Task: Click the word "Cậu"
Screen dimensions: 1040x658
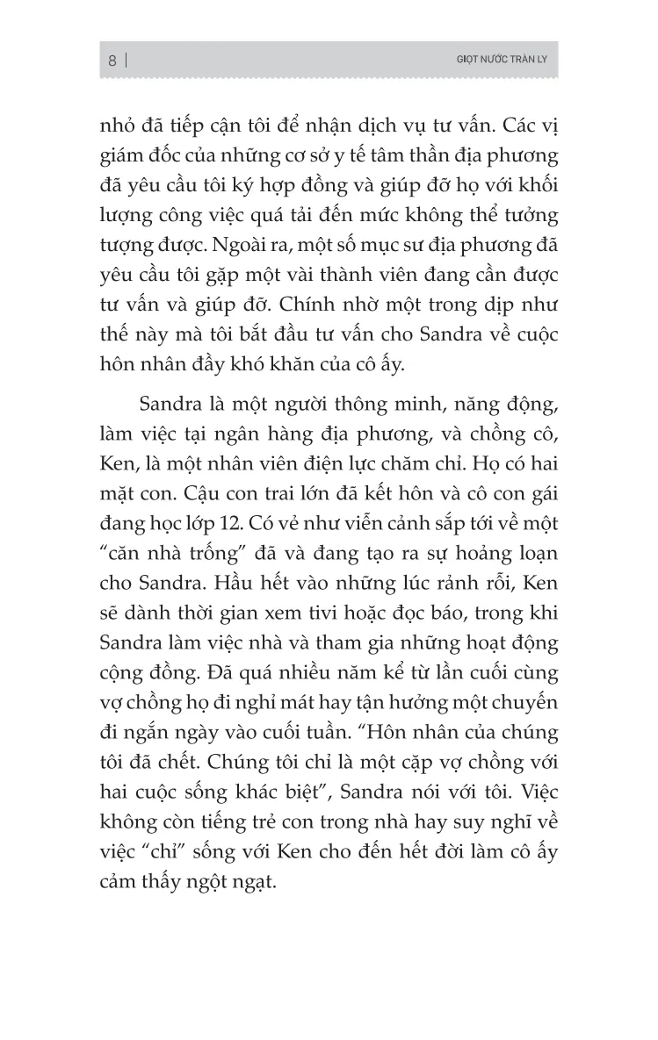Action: [x=188, y=464]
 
